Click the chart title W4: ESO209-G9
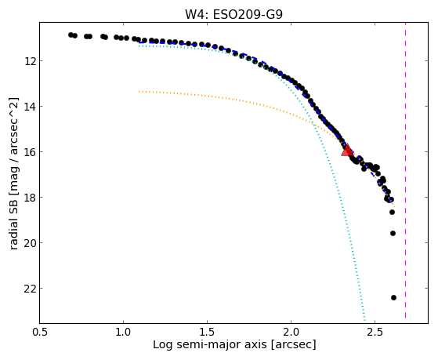click(x=233, y=15)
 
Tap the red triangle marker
click(x=347, y=151)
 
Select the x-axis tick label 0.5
click(x=39, y=332)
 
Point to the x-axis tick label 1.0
click(x=123, y=332)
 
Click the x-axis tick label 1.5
click(x=207, y=332)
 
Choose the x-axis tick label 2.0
click(x=291, y=332)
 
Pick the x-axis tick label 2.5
click(x=375, y=332)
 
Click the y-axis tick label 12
click(x=30, y=60)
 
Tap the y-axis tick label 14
click(x=30, y=107)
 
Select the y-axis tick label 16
click(x=30, y=152)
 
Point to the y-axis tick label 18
click(x=30, y=197)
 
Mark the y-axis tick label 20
click(x=30, y=243)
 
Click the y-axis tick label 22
click(x=30, y=289)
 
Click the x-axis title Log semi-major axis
click(x=209, y=345)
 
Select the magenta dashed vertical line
click(x=405, y=170)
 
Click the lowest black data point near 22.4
click(x=393, y=297)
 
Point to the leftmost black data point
click(x=71, y=35)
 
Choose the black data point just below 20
click(x=393, y=233)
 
